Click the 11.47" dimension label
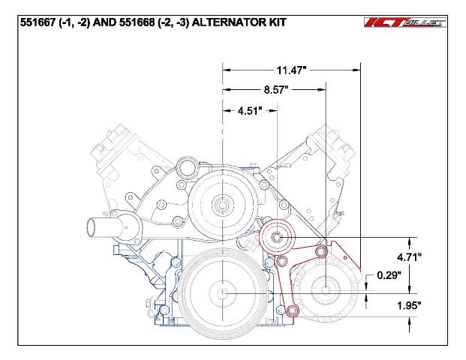tap(291, 70)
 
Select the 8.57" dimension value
tap(276, 89)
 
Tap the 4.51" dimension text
tap(250, 111)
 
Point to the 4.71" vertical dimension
tap(409, 257)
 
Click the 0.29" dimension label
tap(389, 275)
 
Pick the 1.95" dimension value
tap(409, 305)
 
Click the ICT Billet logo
tap(405, 22)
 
